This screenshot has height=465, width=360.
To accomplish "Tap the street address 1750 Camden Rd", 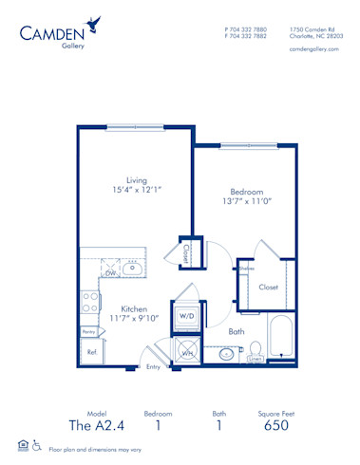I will pos(311,28).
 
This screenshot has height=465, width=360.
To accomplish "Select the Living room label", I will pos(137,181).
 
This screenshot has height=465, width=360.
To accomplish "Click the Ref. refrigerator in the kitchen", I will pos(92,351).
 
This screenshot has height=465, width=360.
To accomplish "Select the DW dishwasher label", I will pos(110,272).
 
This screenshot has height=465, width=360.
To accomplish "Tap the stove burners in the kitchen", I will pos(91,302).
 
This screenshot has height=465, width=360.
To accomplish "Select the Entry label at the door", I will pos(153,365).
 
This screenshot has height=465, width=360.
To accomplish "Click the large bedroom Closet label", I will pos(269,287).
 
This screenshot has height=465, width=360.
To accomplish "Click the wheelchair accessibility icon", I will pos(37,445).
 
